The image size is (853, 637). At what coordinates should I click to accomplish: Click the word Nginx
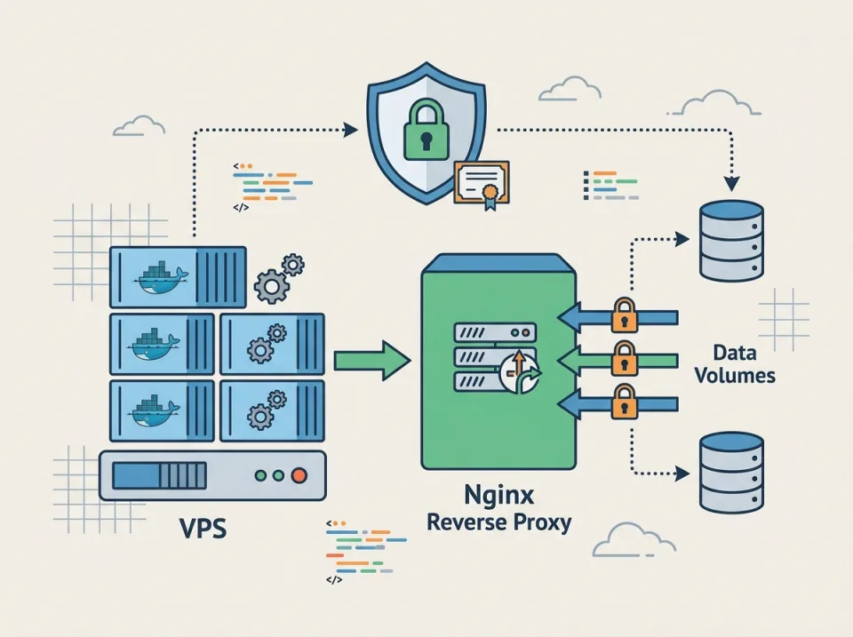(x=499, y=494)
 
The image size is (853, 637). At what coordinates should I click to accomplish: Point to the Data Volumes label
(x=734, y=363)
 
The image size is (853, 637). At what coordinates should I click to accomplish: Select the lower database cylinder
(x=731, y=472)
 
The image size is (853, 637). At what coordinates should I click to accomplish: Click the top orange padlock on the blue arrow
(x=625, y=315)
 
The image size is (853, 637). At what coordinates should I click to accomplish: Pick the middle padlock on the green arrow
(x=625, y=359)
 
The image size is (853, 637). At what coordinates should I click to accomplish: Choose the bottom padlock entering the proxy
(x=625, y=402)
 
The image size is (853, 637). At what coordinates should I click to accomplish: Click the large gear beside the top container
(x=270, y=286)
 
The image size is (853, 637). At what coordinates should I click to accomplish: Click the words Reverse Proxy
(x=498, y=522)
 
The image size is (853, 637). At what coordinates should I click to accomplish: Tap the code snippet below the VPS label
(x=360, y=552)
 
